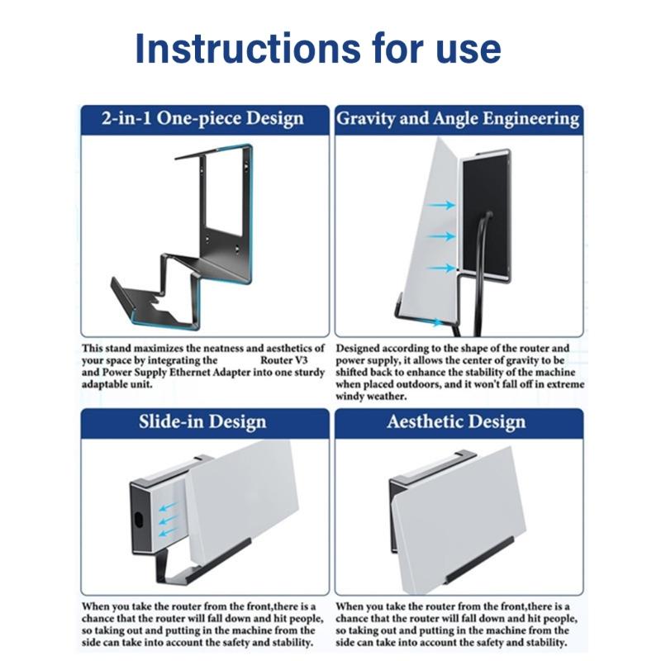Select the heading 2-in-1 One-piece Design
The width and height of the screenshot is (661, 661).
[x=202, y=119]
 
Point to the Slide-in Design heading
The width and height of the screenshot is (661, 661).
[x=202, y=422]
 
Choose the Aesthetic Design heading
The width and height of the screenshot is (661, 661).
[x=456, y=422]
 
